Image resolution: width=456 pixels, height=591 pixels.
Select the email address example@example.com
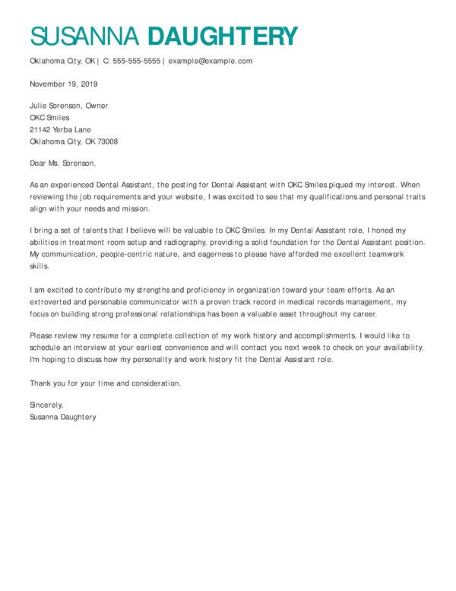[x=211, y=61]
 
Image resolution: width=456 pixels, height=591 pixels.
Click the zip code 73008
[x=106, y=141]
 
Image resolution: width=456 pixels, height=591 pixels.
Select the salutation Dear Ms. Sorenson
[x=63, y=163]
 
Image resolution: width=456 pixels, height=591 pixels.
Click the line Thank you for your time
[x=105, y=383]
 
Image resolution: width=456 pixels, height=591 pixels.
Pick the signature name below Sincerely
[x=63, y=417]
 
